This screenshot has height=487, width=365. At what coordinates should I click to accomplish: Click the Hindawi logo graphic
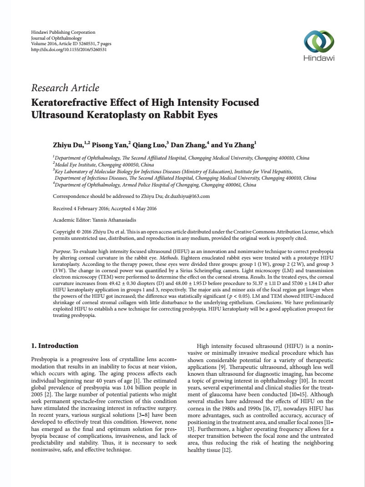click(x=319, y=42)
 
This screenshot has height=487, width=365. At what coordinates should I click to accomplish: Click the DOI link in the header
click(x=69, y=50)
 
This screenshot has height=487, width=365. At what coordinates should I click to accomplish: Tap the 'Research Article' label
click(x=65, y=88)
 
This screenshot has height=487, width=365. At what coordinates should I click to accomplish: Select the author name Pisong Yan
click(x=110, y=145)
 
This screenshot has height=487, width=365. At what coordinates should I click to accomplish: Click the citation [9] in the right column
click(x=222, y=367)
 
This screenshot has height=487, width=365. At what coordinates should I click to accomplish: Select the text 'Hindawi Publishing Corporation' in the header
click(x=63, y=32)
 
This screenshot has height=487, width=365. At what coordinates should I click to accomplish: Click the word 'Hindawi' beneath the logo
click(x=319, y=58)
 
